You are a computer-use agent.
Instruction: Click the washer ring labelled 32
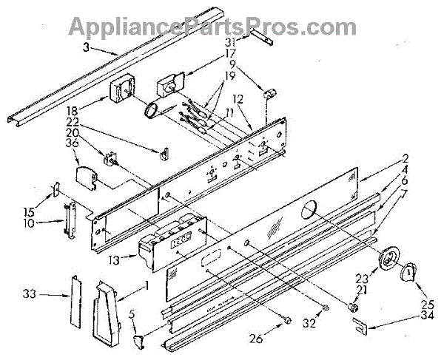(326, 308)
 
